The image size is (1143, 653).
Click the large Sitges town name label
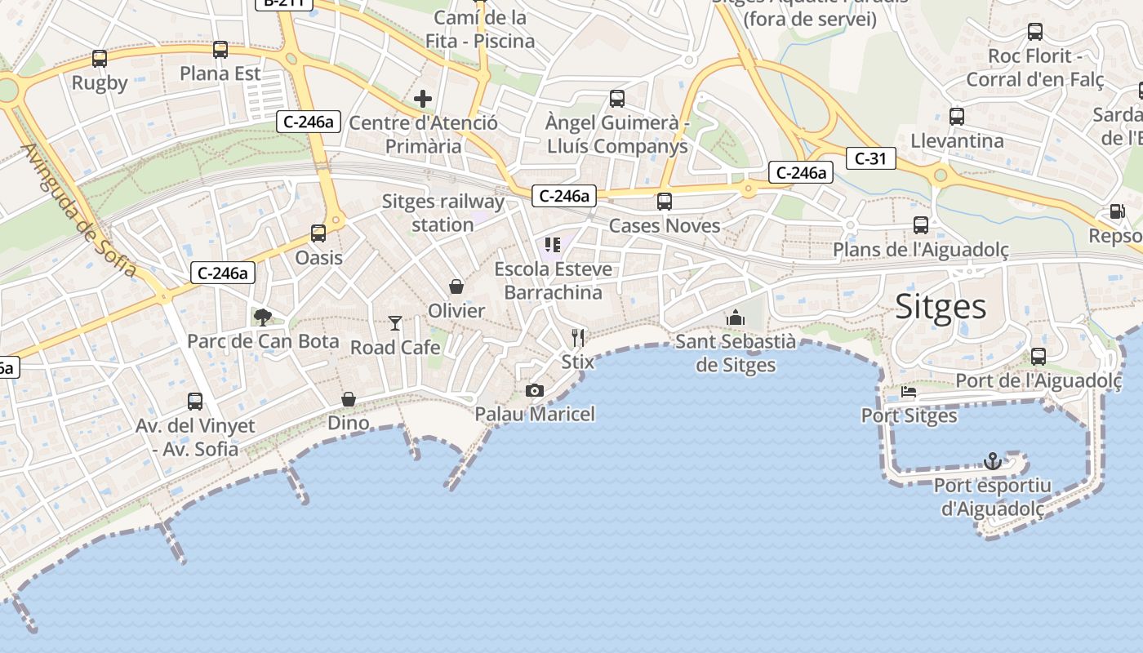point(941,307)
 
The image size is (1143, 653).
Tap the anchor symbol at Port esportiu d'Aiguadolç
point(992,461)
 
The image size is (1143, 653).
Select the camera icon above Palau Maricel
point(535,391)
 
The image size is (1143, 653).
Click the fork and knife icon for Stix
point(578,337)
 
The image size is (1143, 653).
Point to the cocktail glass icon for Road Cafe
point(395,323)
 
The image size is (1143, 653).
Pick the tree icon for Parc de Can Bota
point(262,317)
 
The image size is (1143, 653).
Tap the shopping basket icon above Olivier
point(456,287)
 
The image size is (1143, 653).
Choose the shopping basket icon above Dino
point(349,399)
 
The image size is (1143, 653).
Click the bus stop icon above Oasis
point(318,233)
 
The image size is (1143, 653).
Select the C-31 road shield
point(870,158)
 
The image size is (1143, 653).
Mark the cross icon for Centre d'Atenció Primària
point(423,100)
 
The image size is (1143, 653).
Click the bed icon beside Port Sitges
point(909,392)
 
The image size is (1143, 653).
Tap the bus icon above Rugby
point(100,59)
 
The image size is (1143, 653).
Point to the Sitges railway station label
point(443,213)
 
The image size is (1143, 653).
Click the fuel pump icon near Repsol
point(1116,211)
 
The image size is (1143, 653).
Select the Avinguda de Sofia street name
point(79,211)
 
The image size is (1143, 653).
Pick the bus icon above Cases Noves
point(665,202)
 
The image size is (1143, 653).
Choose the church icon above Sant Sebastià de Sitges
point(735,318)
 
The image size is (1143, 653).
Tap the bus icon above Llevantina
point(957,117)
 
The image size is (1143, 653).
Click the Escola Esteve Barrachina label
point(553,281)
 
